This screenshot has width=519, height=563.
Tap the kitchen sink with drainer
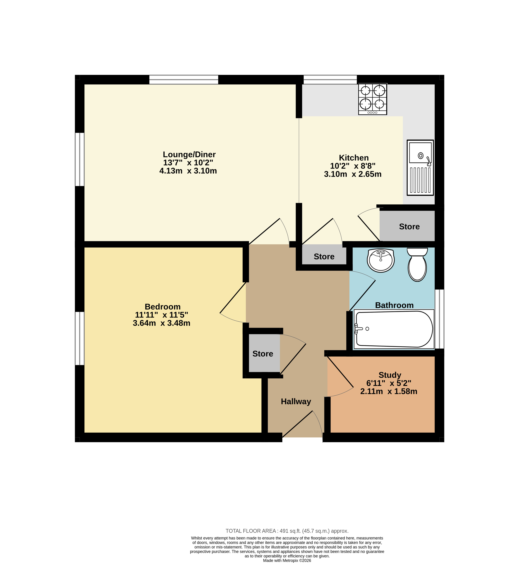[x=420, y=168]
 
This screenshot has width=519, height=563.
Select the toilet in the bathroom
[x=417, y=264]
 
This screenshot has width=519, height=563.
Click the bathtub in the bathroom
[x=394, y=329]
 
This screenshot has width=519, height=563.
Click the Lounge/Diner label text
[x=189, y=155]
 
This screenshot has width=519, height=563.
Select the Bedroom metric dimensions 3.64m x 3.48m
[x=161, y=323]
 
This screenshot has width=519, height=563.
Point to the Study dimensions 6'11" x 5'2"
[x=389, y=383]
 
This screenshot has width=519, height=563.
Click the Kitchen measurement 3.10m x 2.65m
[x=353, y=174]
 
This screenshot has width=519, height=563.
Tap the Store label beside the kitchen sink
[x=410, y=227]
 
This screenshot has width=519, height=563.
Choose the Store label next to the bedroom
[x=263, y=354]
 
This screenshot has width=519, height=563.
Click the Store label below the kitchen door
[x=324, y=256]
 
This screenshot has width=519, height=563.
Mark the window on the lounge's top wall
[x=184, y=79]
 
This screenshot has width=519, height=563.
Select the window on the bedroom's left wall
[x=79, y=338]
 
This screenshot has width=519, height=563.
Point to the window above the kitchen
[x=330, y=79]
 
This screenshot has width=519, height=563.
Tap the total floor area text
[x=287, y=531]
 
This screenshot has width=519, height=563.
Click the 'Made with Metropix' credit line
[x=287, y=560]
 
